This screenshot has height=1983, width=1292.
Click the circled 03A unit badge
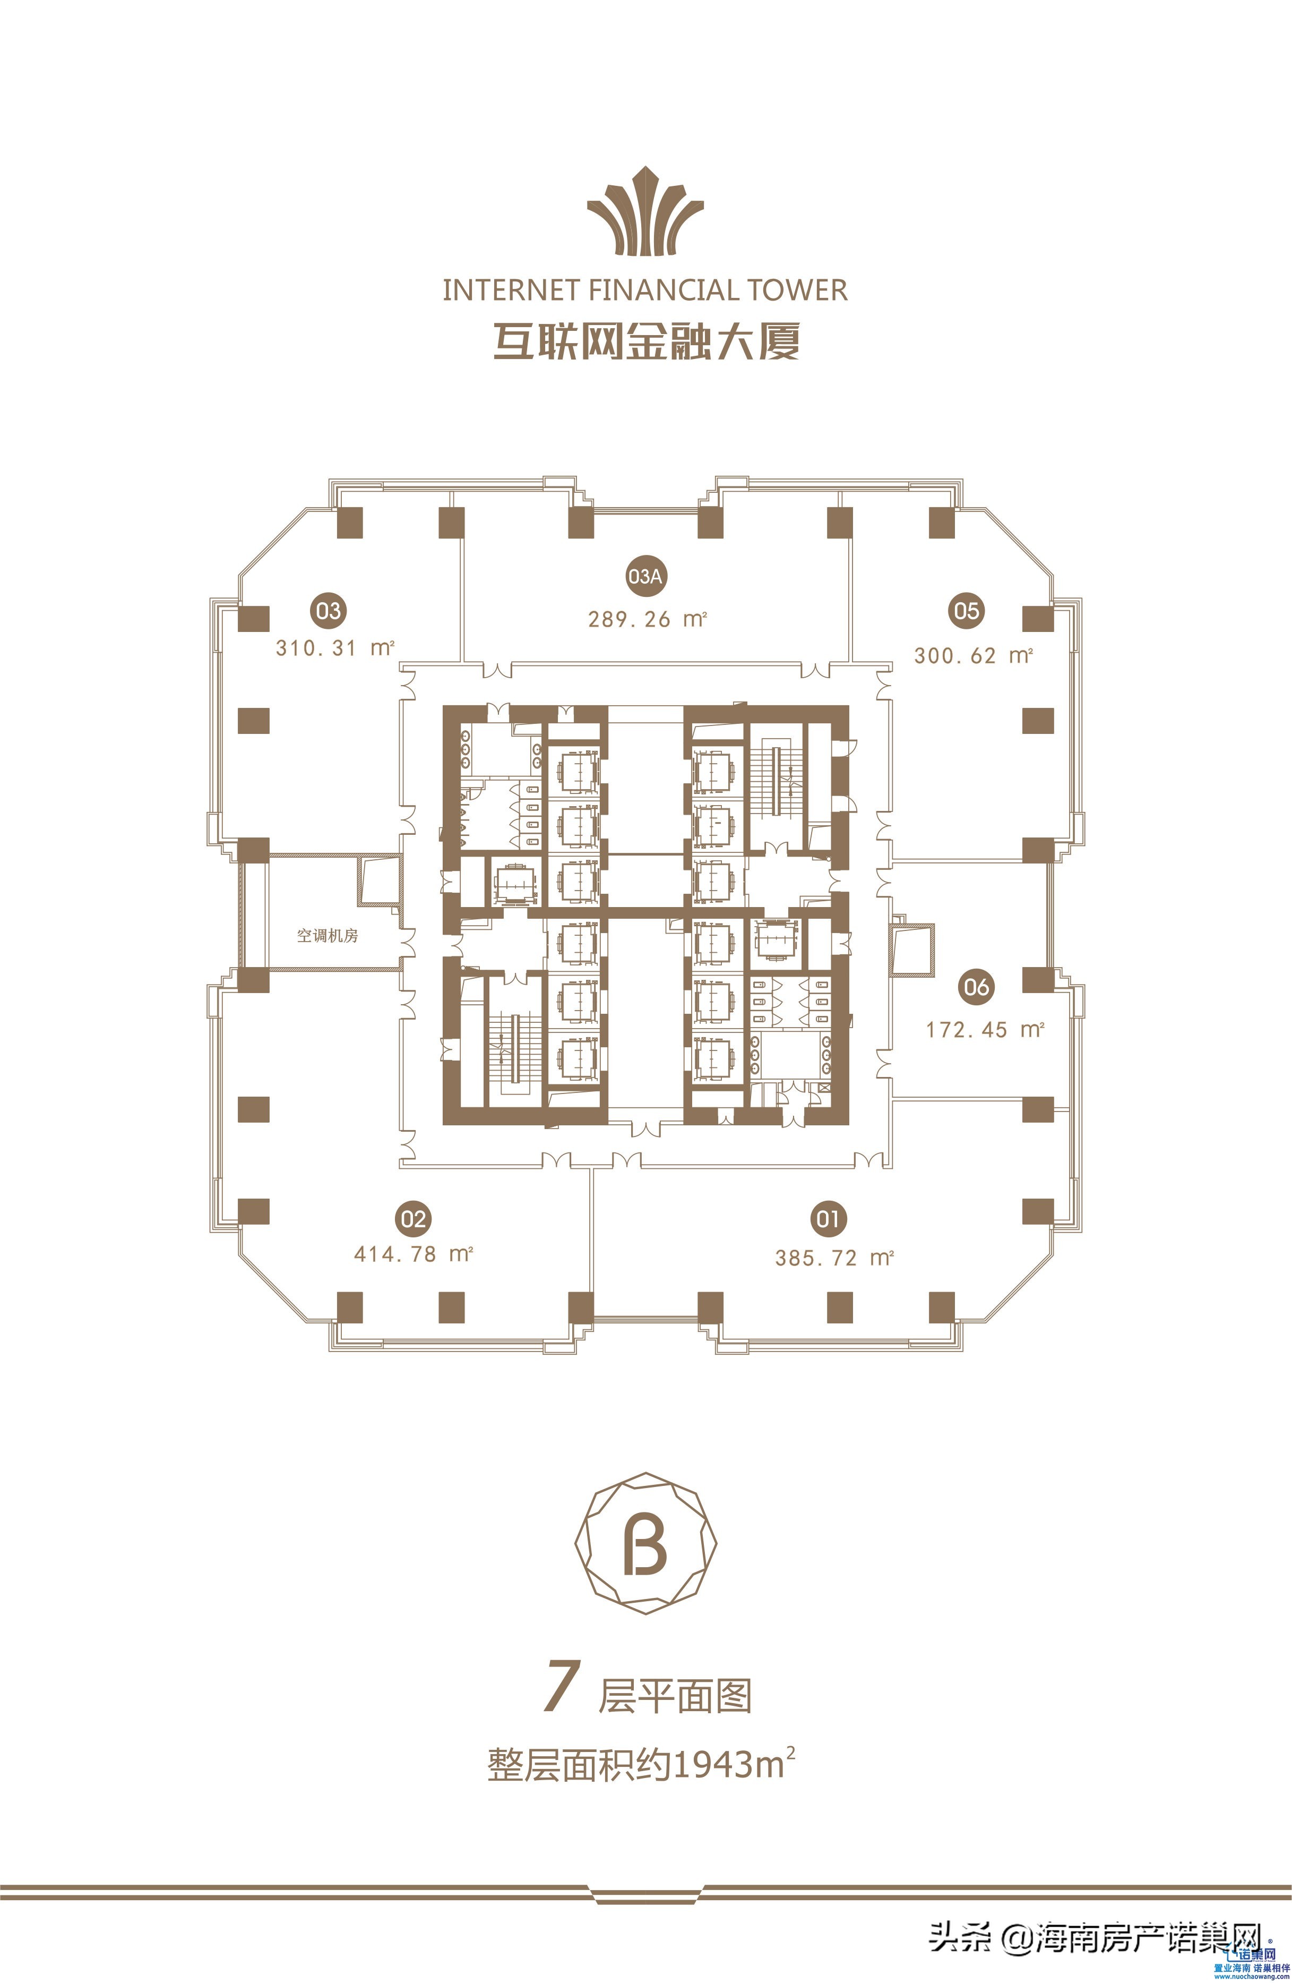pos(645,576)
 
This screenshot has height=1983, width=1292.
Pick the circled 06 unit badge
pos(976,987)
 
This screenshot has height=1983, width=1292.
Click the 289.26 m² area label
pos(647,619)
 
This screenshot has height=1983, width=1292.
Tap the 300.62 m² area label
pos(973,655)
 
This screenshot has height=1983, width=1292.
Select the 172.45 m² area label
pos(985,1030)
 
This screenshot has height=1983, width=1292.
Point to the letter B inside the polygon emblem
pos(645,1546)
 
